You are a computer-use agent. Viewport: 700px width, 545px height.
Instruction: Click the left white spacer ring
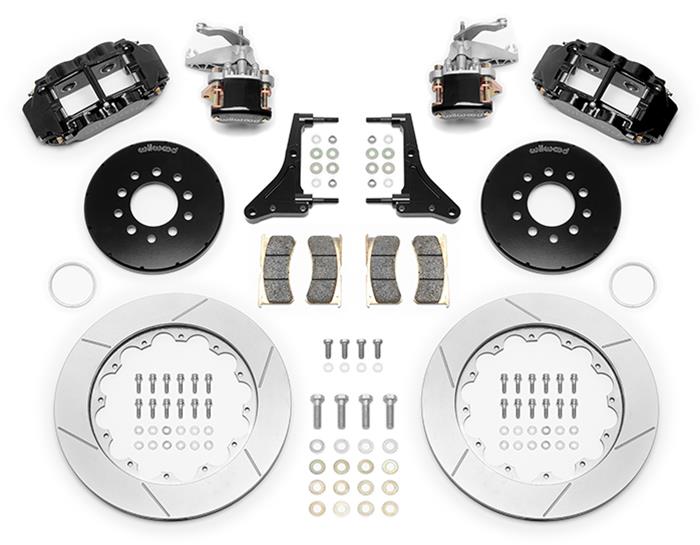tap(73, 284)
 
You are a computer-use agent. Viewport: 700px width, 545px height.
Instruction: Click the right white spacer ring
tap(632, 284)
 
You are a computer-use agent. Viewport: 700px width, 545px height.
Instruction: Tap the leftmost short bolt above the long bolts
tap(327, 349)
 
